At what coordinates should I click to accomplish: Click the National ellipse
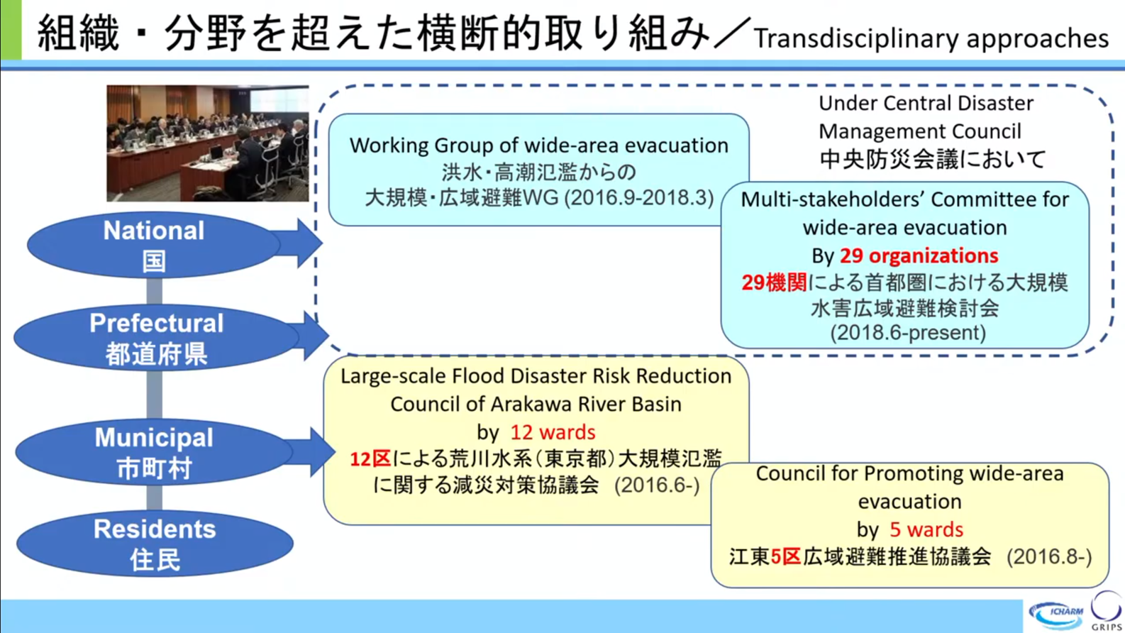click(154, 245)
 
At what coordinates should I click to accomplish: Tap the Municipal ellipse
click(154, 451)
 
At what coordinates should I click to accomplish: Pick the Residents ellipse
click(155, 544)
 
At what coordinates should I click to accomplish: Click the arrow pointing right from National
click(297, 243)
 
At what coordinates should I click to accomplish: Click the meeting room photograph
click(207, 143)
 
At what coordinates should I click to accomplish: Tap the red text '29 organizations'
click(919, 255)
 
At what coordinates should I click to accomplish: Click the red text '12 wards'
click(553, 432)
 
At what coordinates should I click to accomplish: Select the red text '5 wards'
click(926, 529)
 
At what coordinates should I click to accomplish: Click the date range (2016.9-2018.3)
click(639, 197)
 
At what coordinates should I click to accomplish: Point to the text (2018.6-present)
click(908, 333)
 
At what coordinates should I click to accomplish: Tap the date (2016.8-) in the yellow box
click(1049, 556)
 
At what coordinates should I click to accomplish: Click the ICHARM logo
click(1056, 615)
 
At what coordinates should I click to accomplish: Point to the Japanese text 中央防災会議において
click(933, 159)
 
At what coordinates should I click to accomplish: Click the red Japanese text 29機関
click(774, 282)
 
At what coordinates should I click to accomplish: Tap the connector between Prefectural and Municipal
click(154, 395)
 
